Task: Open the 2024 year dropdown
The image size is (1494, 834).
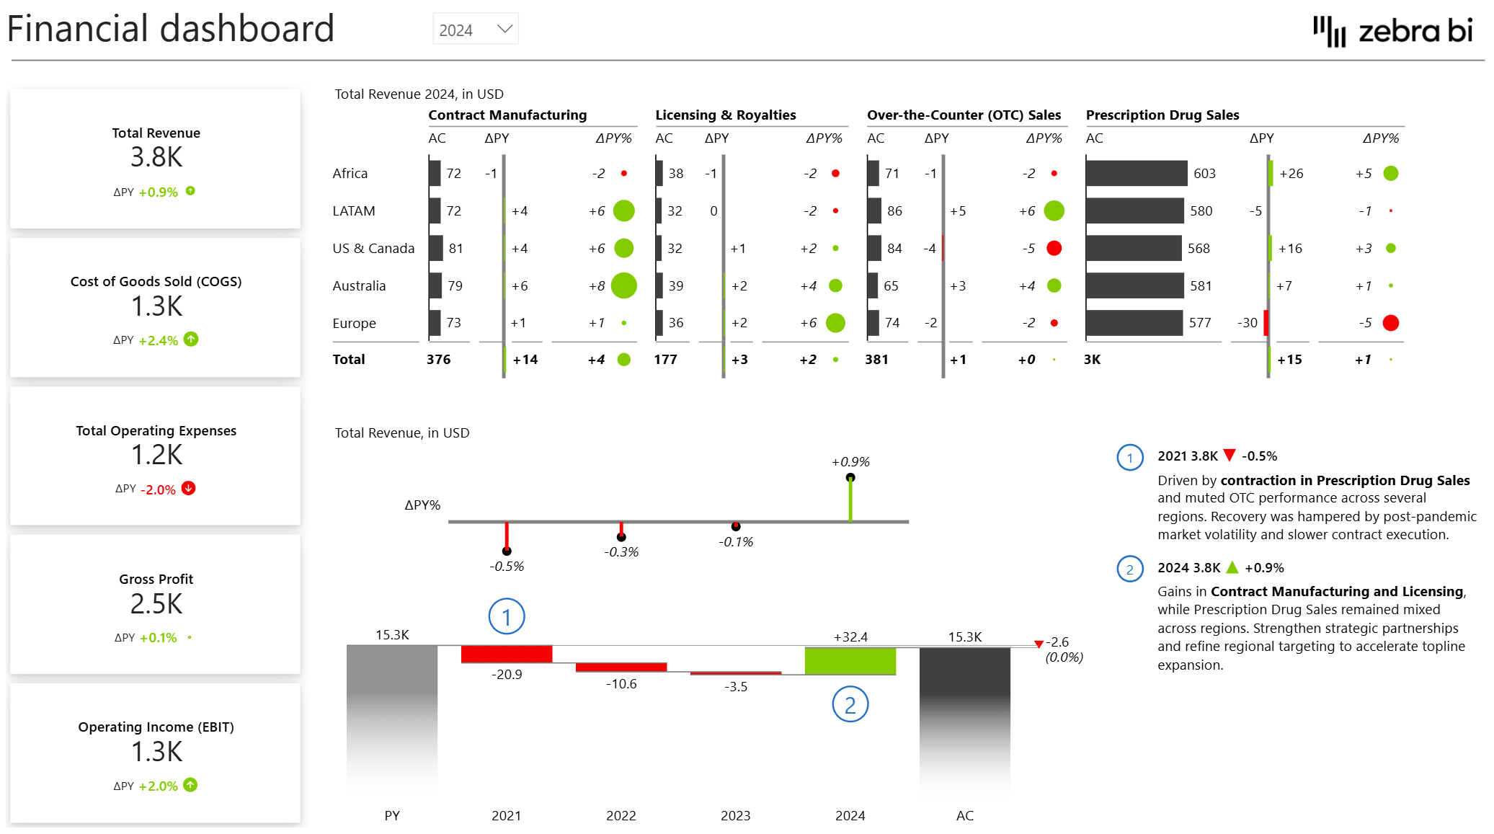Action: click(x=475, y=30)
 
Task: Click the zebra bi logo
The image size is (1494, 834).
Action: click(x=1392, y=31)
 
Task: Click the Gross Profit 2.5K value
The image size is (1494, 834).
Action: click(x=156, y=604)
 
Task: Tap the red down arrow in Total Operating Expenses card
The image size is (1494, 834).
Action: click(x=189, y=488)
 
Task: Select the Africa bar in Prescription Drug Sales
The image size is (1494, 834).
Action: click(x=1136, y=173)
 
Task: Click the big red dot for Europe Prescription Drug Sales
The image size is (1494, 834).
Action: click(x=1390, y=323)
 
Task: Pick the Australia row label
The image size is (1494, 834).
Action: click(x=359, y=285)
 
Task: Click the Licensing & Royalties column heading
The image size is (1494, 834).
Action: click(x=725, y=115)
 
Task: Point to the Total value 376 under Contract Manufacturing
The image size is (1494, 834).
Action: click(x=438, y=359)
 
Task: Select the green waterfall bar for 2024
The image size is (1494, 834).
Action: click(x=850, y=660)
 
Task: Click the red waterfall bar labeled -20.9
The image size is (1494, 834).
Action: click(x=506, y=654)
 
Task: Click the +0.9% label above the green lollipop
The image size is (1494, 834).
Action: click(x=850, y=461)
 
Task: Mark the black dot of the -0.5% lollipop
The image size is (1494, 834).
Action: click(x=507, y=551)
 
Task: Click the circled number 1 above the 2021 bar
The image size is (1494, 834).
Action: click(x=507, y=617)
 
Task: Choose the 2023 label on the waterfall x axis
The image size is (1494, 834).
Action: click(x=735, y=815)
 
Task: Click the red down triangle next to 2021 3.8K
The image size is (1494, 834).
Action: click(x=1230, y=455)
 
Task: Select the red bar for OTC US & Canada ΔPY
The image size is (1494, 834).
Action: click(x=943, y=248)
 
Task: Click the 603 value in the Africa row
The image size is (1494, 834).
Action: click(x=1204, y=173)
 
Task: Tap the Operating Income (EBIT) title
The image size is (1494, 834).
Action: click(x=156, y=727)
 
